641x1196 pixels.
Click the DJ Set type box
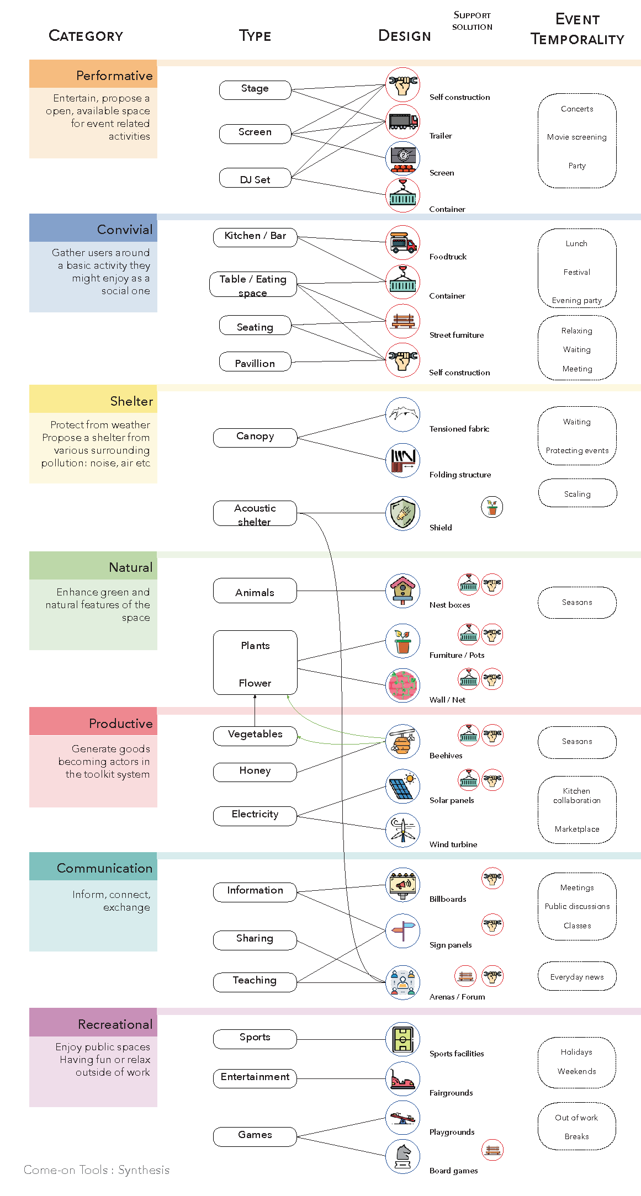point(255,178)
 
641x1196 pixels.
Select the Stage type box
point(255,89)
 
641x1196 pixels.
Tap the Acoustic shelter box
point(255,513)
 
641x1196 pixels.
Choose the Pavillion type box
point(255,362)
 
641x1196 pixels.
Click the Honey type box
point(255,772)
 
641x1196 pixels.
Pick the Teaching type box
point(255,982)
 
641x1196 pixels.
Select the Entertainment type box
point(255,1078)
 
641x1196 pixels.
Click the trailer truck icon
point(403,121)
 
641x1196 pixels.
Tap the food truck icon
point(403,243)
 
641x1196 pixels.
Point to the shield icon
point(403,513)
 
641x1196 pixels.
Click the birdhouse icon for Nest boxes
point(403,591)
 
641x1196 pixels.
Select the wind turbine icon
point(403,830)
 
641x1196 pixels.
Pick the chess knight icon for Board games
point(403,1156)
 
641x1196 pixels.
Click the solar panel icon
point(403,786)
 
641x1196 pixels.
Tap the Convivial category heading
point(125,230)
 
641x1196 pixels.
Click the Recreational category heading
point(115,1024)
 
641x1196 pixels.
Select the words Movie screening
point(577,137)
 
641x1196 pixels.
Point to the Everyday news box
point(577,976)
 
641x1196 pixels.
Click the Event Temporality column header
point(578,29)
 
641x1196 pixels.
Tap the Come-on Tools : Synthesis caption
point(97,1170)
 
